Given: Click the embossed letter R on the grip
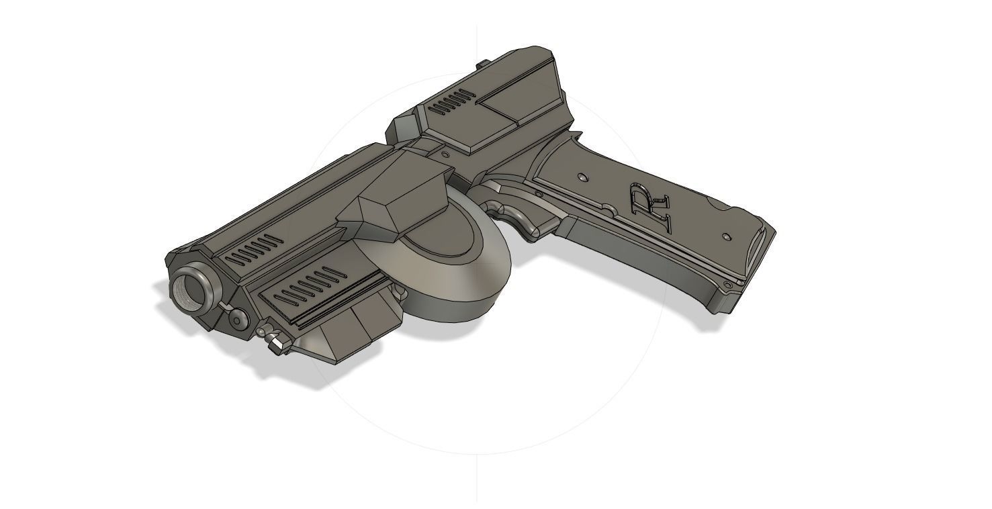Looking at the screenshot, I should point(649,206).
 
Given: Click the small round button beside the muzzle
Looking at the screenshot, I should point(238,319).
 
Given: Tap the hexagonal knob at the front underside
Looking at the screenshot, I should point(276,344).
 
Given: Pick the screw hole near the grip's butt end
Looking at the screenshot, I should point(727,236).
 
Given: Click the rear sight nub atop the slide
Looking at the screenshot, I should point(482,65).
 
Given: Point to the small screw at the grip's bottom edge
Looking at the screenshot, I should point(728,285).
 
